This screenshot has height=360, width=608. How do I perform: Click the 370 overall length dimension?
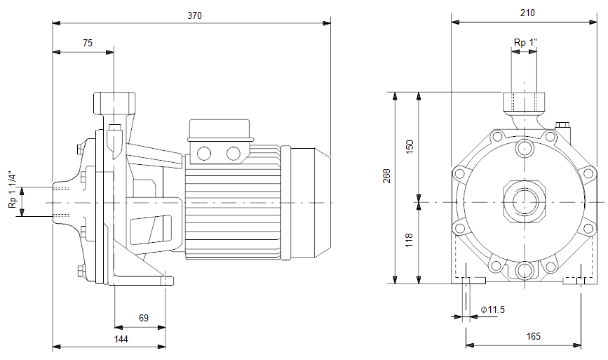(195, 15)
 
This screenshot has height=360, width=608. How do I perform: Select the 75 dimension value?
(88, 43)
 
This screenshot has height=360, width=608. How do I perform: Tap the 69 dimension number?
(144, 318)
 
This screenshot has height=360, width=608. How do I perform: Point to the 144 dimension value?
(121, 339)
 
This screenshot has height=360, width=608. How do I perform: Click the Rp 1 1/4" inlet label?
(13, 189)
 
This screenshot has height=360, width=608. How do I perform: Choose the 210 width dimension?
(527, 13)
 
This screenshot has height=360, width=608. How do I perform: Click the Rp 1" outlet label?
(525, 42)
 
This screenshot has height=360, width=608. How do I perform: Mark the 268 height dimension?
(387, 176)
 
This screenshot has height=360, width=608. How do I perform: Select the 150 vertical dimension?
(410, 147)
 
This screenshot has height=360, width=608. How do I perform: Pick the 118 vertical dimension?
(410, 241)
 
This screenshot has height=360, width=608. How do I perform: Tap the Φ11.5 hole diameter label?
(492, 309)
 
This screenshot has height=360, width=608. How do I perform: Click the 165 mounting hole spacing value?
(533, 336)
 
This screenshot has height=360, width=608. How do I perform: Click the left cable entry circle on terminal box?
(204, 153)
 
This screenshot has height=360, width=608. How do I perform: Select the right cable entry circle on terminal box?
(234, 153)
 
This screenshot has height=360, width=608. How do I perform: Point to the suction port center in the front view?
(525, 201)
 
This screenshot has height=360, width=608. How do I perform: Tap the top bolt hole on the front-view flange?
(525, 147)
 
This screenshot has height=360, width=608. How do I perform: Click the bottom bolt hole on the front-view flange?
(525, 269)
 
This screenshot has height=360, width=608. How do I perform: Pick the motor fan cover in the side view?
(309, 202)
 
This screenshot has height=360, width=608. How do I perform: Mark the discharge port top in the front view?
(524, 101)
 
